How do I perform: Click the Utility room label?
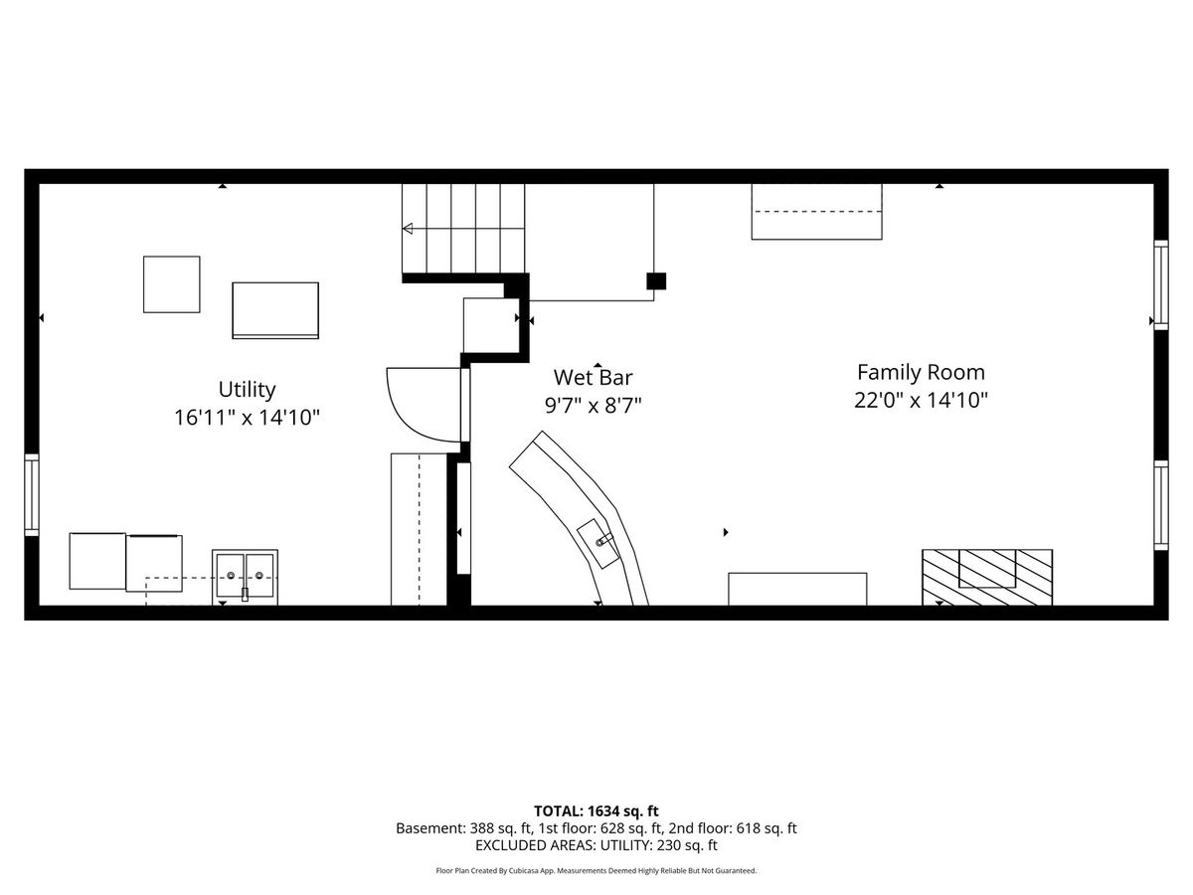coord(247,390)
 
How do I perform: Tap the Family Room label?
coord(921,372)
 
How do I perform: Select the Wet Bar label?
coord(593,377)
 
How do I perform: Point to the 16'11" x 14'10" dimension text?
coord(247,418)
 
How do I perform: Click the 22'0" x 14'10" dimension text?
coord(921,401)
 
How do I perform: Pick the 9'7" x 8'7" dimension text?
coord(593,406)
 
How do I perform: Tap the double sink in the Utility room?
coord(245,577)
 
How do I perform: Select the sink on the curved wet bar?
coord(597,543)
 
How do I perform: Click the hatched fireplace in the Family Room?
coord(987,577)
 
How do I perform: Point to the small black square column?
coord(656,281)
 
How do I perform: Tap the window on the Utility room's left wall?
coord(32,494)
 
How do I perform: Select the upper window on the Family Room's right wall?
coord(1161,284)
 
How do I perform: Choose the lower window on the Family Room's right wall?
coord(1161,505)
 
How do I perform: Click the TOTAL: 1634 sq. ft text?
coord(596,811)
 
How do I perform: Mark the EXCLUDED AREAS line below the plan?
coord(596,845)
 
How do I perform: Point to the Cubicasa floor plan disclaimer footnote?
coord(596,871)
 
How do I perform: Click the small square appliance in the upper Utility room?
coord(172,284)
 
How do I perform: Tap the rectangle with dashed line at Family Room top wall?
coord(817,212)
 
